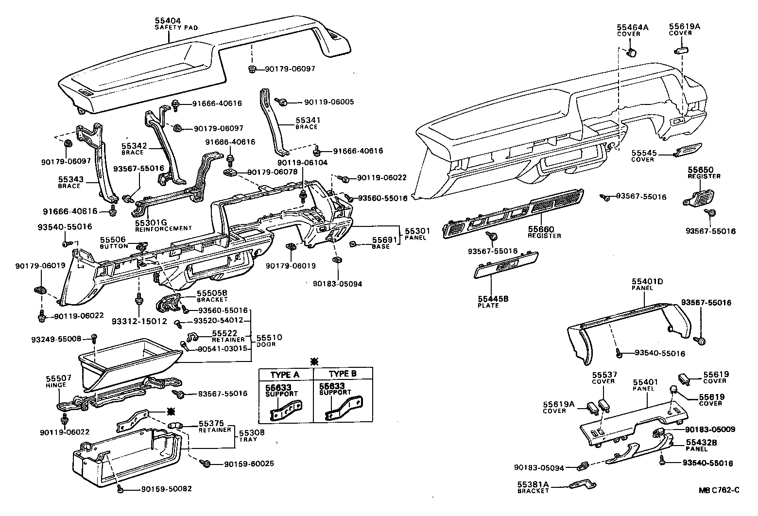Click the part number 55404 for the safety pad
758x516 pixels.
[x=168, y=21]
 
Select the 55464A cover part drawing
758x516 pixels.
[x=633, y=52]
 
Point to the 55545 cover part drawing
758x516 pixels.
[x=689, y=150]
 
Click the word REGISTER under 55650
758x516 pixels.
[x=704, y=176]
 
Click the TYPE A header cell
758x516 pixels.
[x=285, y=374]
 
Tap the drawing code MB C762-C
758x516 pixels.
[x=719, y=490]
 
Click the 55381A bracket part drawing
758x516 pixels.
[x=584, y=485]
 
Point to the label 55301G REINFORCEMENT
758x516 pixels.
[x=163, y=224]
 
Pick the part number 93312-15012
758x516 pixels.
[x=139, y=321]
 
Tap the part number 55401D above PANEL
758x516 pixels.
[x=647, y=281]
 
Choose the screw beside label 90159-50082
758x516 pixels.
[x=120, y=488]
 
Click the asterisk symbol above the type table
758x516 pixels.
[x=314, y=361]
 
